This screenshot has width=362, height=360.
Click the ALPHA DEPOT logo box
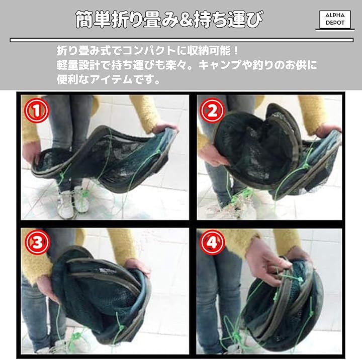coord(335,20)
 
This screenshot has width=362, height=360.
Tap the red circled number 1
coord(37,111)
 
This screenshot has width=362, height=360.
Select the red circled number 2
coord(212,111)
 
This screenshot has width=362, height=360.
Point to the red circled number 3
coord(37,242)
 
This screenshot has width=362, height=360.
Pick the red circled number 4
coord(212,242)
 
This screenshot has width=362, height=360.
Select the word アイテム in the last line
coord(111,79)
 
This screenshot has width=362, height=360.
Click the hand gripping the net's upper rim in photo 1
coord(164,128)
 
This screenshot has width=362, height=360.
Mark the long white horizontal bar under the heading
coord(182,40)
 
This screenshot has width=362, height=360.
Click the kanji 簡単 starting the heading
coord(94,20)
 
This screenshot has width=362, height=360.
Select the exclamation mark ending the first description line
coord(235,51)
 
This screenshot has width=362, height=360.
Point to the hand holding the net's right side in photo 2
coord(327,131)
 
